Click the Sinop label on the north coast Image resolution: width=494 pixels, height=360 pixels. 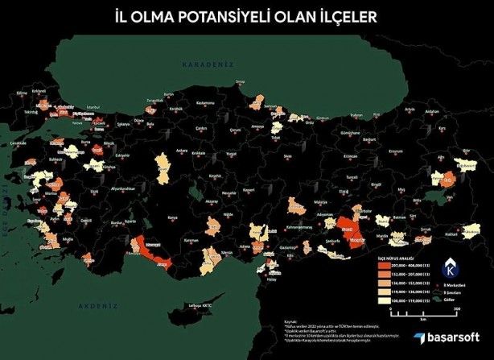point(239,82)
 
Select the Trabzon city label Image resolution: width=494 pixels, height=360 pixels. point(352,113)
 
